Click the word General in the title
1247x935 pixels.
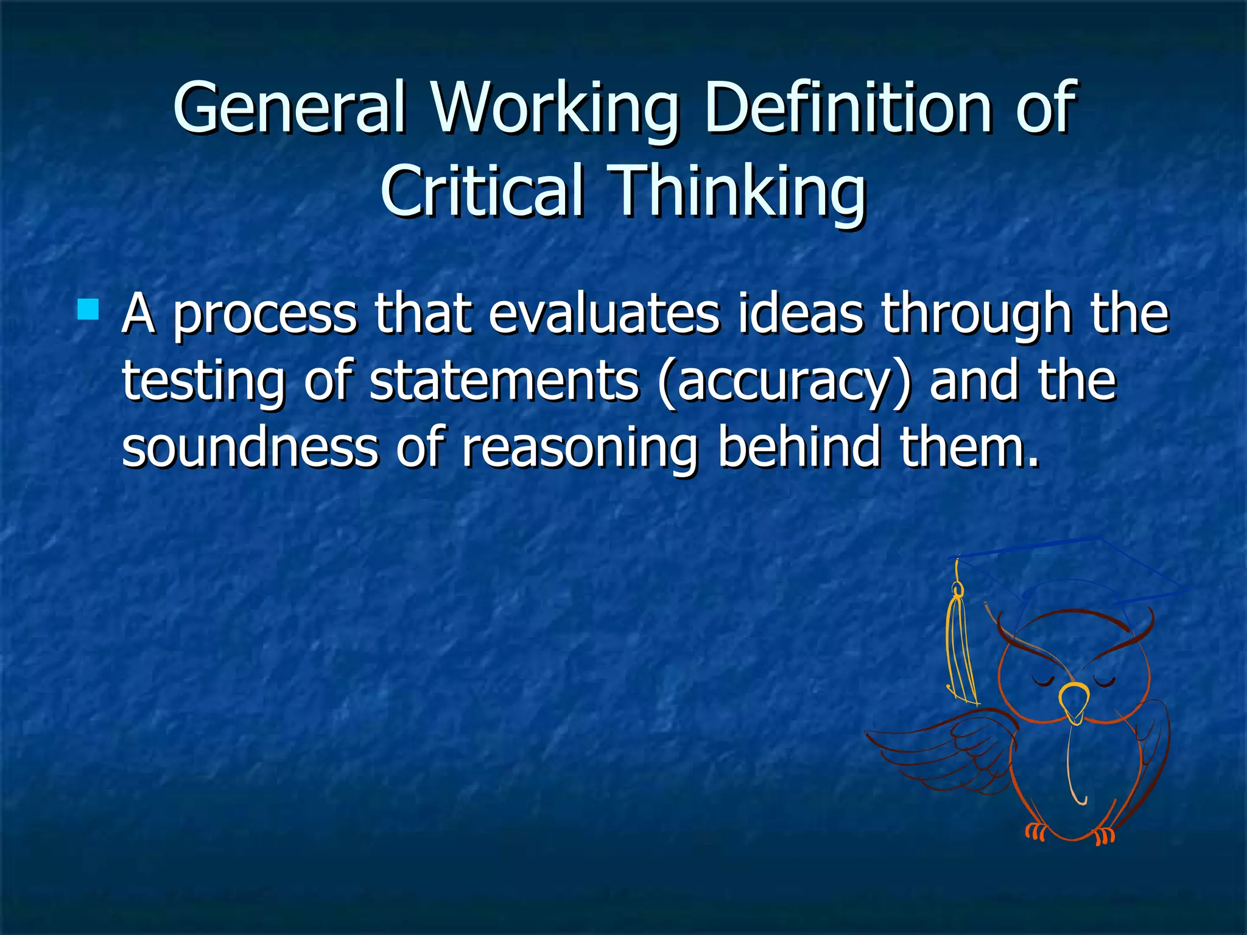click(289, 108)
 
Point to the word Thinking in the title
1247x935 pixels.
click(737, 191)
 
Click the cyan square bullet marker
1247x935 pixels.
click(89, 309)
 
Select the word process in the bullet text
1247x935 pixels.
click(265, 315)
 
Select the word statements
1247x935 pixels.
click(504, 381)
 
